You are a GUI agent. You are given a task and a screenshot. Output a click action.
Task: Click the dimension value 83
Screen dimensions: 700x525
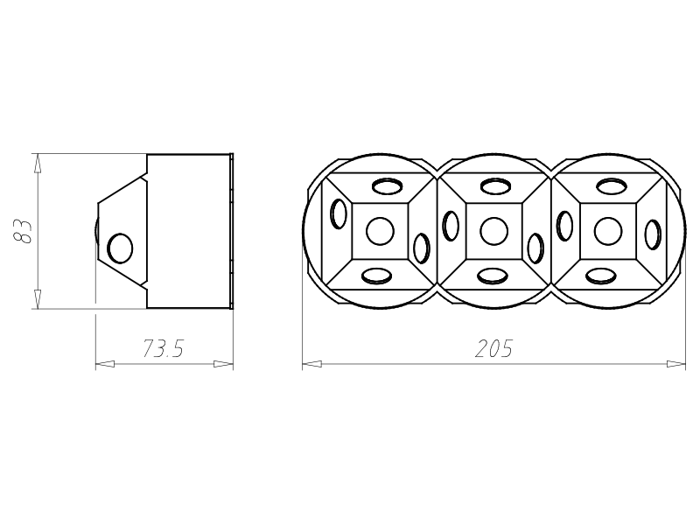pos(24,231)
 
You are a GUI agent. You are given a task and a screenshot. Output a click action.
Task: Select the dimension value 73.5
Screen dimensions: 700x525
pos(164,348)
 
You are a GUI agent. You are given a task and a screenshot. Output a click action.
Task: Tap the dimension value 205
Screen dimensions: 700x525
pos(493,348)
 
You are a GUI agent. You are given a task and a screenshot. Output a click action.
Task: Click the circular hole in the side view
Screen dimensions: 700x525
pos(120,248)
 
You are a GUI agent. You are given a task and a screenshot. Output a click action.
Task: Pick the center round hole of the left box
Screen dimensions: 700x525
pos(380,231)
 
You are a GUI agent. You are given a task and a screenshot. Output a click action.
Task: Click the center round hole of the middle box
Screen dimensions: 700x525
pos(494,231)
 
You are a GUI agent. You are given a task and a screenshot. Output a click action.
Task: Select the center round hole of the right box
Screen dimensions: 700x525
pos(608,231)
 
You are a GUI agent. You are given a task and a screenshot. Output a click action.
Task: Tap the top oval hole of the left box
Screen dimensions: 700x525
pos(387,185)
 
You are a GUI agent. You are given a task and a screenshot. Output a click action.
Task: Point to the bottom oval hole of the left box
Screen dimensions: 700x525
pos(376,276)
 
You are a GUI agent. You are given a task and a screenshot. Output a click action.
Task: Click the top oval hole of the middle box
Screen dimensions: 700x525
pos(496,185)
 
